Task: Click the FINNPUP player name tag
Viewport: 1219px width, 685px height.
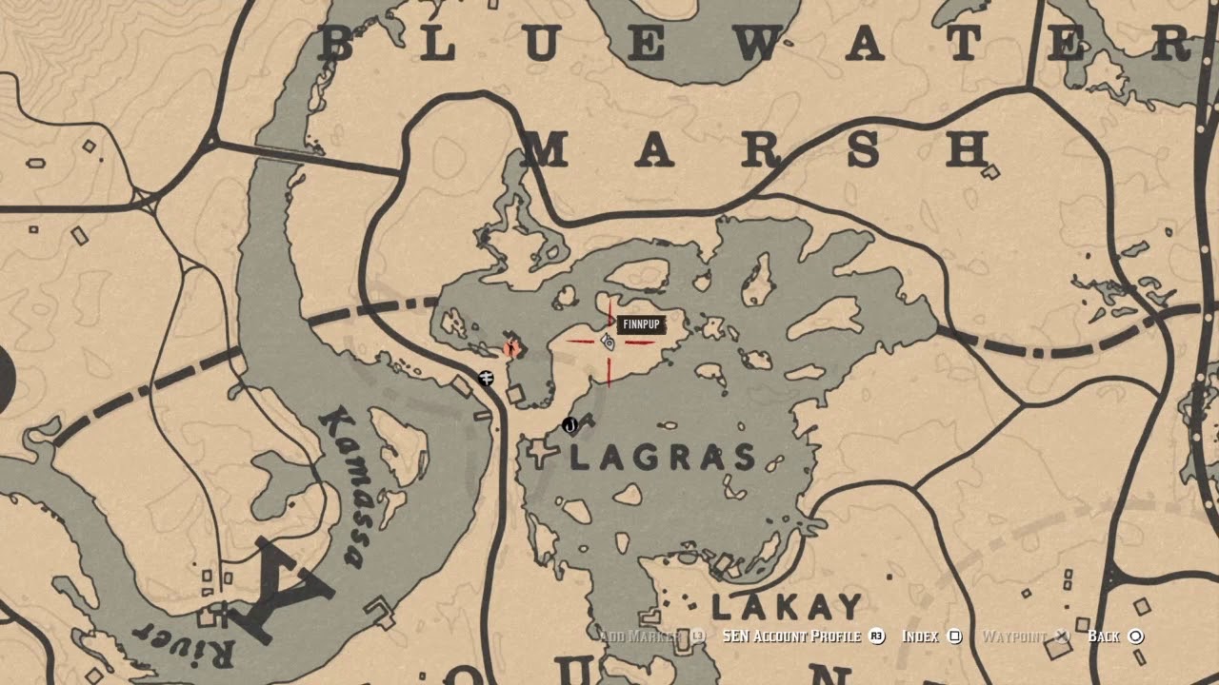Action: [x=640, y=325]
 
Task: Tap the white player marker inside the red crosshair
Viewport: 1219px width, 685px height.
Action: [x=608, y=342]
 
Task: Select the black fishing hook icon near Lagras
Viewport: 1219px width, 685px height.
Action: [x=570, y=424]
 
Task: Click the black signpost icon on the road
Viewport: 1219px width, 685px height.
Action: [x=487, y=378]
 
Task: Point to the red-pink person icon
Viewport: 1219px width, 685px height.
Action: [x=512, y=347]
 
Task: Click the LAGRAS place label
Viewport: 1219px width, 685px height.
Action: [x=663, y=458]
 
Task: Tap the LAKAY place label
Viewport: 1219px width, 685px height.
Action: [x=787, y=606]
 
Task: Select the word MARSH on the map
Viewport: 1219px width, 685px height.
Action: [x=758, y=150]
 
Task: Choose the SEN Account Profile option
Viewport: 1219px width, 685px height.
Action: [x=790, y=636]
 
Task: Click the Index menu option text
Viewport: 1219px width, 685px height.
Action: [x=920, y=636]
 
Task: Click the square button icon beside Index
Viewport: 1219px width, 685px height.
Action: [x=955, y=636]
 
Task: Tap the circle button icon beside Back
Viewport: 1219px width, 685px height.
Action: [x=1135, y=636]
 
